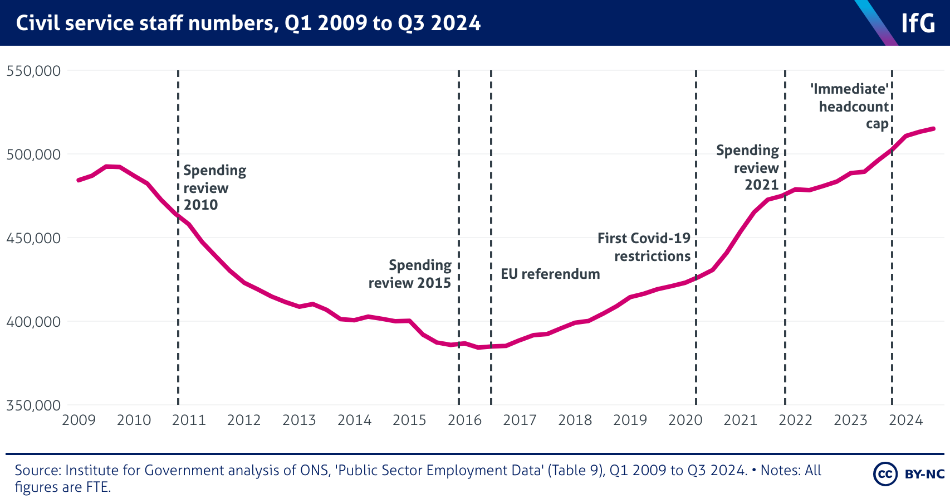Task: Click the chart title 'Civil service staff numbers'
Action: [248, 23]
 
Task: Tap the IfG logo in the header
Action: [918, 23]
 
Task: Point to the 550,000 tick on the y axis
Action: [33, 71]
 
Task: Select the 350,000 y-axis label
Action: [33, 405]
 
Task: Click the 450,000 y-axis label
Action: [33, 238]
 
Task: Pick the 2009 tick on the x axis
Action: [79, 420]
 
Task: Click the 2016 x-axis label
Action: [464, 420]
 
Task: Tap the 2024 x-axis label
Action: [905, 420]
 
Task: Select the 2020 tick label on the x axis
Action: [685, 420]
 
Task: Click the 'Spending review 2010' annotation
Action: [214, 187]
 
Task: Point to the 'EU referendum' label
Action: [550, 274]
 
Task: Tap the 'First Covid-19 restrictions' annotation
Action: [644, 247]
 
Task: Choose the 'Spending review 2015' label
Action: [410, 274]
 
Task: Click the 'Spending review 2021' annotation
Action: [748, 167]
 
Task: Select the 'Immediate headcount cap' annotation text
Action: [850, 106]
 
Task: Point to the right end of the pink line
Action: [933, 129]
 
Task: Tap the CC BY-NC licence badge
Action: [909, 474]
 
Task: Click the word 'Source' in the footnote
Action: [37, 471]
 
